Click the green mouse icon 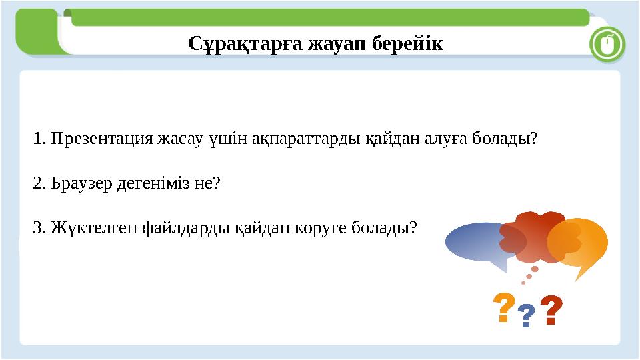point(607,45)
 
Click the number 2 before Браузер point(37,183)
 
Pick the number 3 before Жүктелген point(37,228)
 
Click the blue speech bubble point(472,242)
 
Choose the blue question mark point(527,315)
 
